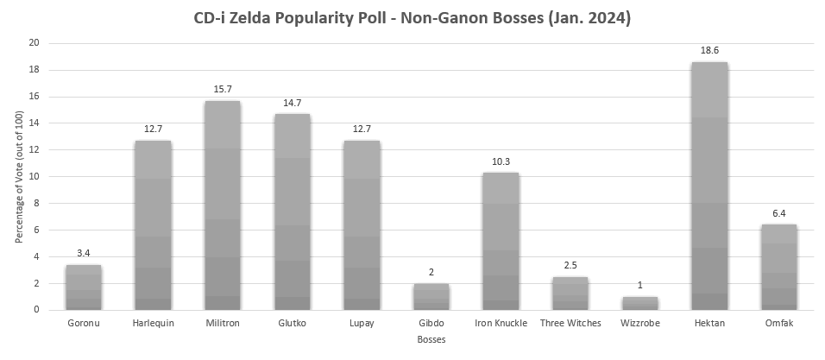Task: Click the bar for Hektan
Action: tap(708, 186)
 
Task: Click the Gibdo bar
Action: tap(431, 296)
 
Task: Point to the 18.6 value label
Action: tap(708, 52)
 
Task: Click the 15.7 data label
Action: tap(222, 91)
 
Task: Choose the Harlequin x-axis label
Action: tap(153, 324)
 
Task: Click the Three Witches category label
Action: tap(570, 324)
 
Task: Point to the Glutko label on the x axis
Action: tap(292, 324)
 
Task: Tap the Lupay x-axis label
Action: tap(361, 324)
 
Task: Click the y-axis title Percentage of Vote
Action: tap(18, 176)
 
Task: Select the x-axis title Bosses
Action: tap(431, 341)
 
